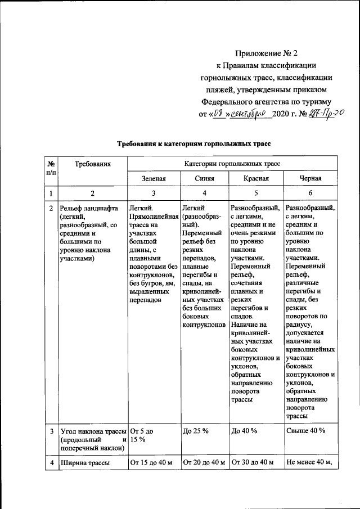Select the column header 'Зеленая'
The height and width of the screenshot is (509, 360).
[x=154, y=178]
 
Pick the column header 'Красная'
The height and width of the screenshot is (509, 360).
[x=255, y=178]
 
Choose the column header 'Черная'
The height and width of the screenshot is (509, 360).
[x=310, y=178]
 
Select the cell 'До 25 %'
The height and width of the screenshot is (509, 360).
[x=196, y=431]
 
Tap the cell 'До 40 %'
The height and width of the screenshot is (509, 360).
[x=244, y=431]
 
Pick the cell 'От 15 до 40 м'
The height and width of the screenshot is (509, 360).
[x=151, y=463]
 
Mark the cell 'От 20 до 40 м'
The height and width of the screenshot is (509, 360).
[x=204, y=463]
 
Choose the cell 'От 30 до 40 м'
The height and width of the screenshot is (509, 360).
[x=254, y=463]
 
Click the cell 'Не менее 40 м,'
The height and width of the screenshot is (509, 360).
[x=309, y=463]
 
